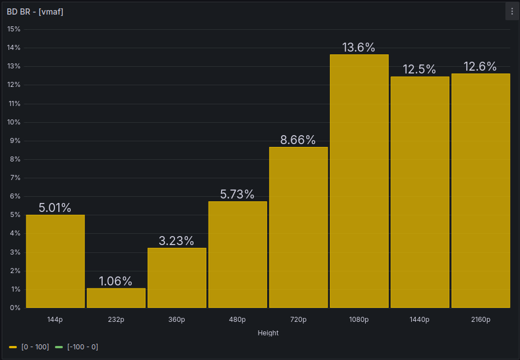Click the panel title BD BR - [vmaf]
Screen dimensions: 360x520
click(x=35, y=12)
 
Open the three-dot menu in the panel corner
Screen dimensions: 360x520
click(x=512, y=12)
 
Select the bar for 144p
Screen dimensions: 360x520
click(x=55, y=261)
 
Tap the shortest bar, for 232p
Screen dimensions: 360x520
click(x=116, y=298)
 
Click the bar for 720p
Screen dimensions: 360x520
click(x=298, y=227)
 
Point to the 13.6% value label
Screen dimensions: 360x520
click(x=359, y=48)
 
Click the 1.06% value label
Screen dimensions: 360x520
click(x=116, y=281)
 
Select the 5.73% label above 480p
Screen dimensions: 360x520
click(x=237, y=195)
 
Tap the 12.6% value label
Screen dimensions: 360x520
click(x=480, y=67)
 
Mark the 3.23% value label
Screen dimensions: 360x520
click(x=177, y=241)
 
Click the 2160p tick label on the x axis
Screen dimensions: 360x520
click(x=480, y=320)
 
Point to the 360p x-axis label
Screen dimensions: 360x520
click(x=177, y=320)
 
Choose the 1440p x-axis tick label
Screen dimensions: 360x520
click(x=420, y=320)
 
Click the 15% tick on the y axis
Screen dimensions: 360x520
click(x=13, y=29)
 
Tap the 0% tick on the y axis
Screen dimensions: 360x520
click(x=15, y=308)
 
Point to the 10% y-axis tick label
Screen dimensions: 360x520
click(x=13, y=122)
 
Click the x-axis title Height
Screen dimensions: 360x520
click(x=268, y=333)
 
